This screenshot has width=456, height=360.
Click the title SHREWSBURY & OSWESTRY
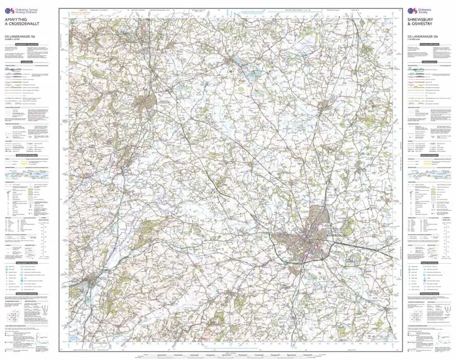pos(425,27)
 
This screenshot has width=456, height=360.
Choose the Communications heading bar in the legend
pos(425,62)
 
